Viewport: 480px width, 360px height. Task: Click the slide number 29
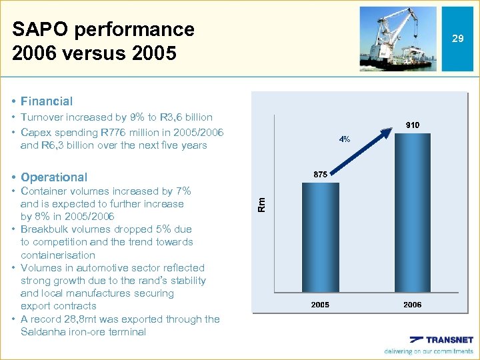coord(457,39)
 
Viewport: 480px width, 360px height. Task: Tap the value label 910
coord(411,125)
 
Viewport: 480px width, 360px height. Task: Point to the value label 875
coord(320,174)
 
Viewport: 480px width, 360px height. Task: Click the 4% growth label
coord(345,139)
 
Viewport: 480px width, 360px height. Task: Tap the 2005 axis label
coord(320,305)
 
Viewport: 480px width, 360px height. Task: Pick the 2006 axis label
coord(412,305)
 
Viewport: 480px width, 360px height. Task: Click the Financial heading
coord(46,101)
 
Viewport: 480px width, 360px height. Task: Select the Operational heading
coord(53,177)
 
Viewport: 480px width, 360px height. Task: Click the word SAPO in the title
coord(40,29)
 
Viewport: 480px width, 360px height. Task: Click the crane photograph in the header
coord(398,39)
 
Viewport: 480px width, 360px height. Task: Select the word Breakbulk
coord(47,229)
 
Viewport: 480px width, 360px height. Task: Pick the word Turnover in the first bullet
coord(44,118)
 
